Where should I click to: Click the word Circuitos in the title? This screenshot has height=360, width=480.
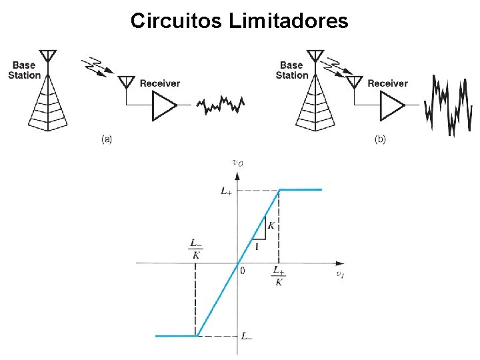[x=177, y=21]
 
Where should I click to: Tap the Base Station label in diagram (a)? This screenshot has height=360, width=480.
[x=24, y=70]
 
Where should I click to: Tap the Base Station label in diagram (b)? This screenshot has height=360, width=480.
[x=292, y=70]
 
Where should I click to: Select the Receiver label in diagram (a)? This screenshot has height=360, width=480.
[x=160, y=83]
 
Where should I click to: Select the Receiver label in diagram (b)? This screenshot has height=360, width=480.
[x=387, y=83]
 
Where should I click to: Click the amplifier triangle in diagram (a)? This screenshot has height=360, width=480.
[x=163, y=105]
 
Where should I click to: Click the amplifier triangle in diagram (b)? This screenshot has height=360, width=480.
[x=392, y=105]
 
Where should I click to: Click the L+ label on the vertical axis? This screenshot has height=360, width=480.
[x=227, y=191]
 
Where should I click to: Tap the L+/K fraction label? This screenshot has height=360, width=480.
[x=279, y=275]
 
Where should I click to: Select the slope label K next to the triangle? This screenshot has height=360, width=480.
[x=271, y=226]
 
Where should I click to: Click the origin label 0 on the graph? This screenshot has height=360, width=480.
[x=243, y=271]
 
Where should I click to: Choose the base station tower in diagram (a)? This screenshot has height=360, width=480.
[x=48, y=97]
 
